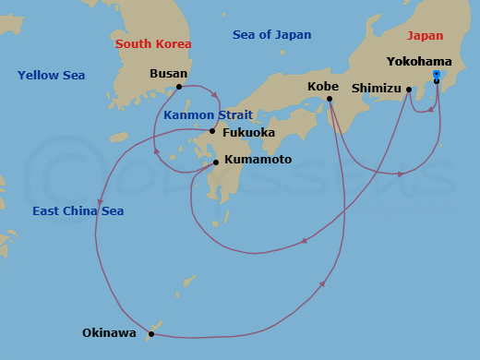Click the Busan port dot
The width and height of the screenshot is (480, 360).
[x=179, y=88]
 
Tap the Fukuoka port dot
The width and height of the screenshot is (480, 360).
[x=212, y=131]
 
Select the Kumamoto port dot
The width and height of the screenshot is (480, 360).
[x=216, y=162]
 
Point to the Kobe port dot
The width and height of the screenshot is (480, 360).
[x=329, y=99]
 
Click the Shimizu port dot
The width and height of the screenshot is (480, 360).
[x=409, y=90]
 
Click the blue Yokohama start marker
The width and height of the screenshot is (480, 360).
[x=437, y=74]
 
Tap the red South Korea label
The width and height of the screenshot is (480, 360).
[x=153, y=44]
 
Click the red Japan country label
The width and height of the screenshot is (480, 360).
[x=425, y=36]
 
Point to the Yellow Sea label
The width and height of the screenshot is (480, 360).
[x=51, y=76]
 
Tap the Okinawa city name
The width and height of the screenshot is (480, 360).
[x=109, y=333]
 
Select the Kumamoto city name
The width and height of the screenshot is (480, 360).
[x=258, y=160]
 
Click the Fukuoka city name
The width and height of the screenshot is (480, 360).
[x=249, y=132]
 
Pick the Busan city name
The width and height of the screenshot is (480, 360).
[x=168, y=74]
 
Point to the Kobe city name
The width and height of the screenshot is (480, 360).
[x=323, y=86]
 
